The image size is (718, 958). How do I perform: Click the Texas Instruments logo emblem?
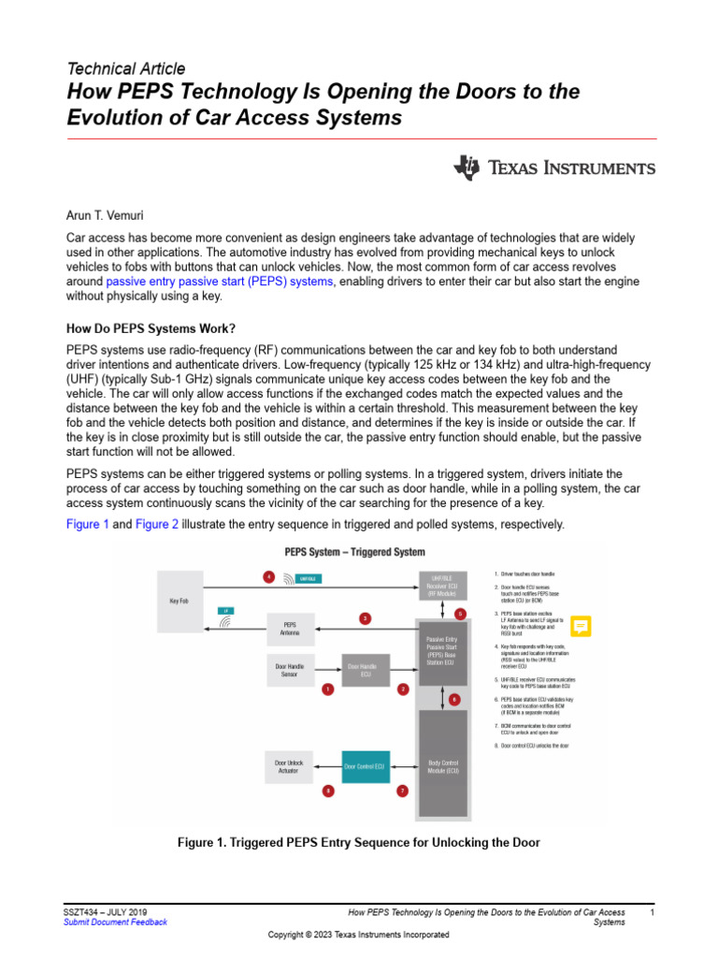coord(467,168)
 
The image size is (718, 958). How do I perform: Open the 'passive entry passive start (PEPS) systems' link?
coord(220,281)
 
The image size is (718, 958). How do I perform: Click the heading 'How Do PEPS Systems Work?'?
coord(151,328)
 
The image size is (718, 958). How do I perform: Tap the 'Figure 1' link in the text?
coord(88,524)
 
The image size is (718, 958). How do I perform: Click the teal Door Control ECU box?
coord(366,766)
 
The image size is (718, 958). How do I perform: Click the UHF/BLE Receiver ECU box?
coord(443,585)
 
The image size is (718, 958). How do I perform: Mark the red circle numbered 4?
coord(269,577)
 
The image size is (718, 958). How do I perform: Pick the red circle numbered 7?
coord(402,791)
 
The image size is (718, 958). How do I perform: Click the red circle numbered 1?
coord(328,689)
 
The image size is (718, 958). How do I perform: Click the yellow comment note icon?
coord(581,626)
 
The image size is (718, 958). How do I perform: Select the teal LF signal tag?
coord(225,610)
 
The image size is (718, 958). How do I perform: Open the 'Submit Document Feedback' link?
coord(115,922)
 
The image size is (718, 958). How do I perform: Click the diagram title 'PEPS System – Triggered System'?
coord(354,552)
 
